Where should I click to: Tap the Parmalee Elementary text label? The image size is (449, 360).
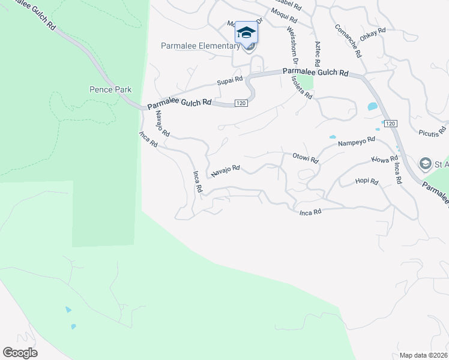200,46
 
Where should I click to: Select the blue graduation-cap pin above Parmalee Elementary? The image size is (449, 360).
246,32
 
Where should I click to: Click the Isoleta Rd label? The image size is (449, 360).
301,87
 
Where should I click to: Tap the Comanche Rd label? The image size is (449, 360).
348,41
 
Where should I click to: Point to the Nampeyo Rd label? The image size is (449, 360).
357,141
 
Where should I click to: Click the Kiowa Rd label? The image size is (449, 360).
385,160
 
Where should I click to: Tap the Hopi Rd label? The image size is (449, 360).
366,181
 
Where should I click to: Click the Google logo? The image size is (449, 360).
20,353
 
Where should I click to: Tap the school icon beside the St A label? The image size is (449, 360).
426,163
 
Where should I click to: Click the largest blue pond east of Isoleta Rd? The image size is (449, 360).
372,107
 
